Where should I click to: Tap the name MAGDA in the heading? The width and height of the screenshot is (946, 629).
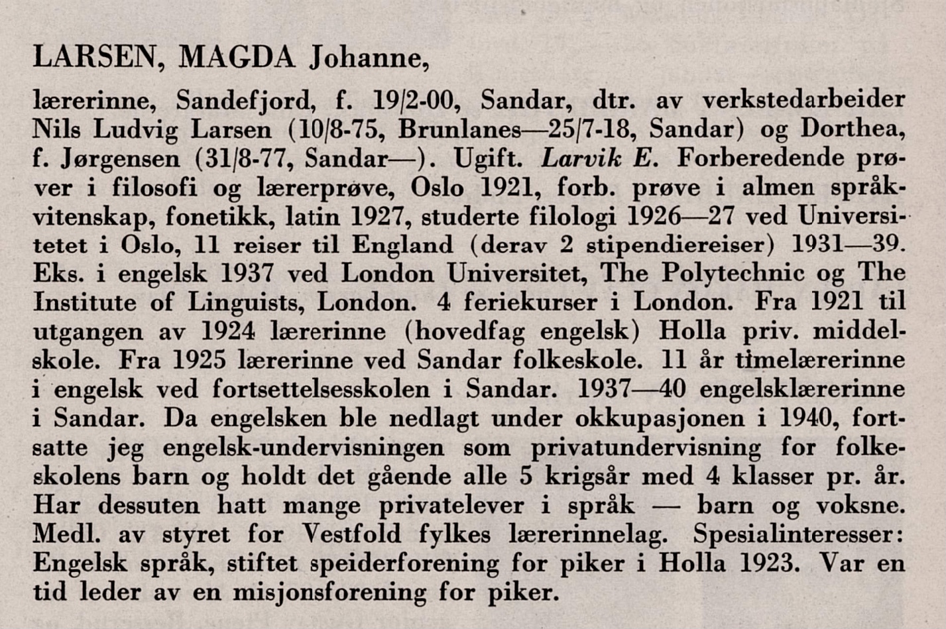coord(236,58)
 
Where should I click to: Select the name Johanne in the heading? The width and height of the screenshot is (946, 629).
coord(367,58)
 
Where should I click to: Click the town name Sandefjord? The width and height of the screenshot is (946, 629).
coord(243,101)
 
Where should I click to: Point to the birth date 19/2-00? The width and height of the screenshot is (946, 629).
coord(412,101)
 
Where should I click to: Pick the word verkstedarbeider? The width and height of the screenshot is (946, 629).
coord(803,101)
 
